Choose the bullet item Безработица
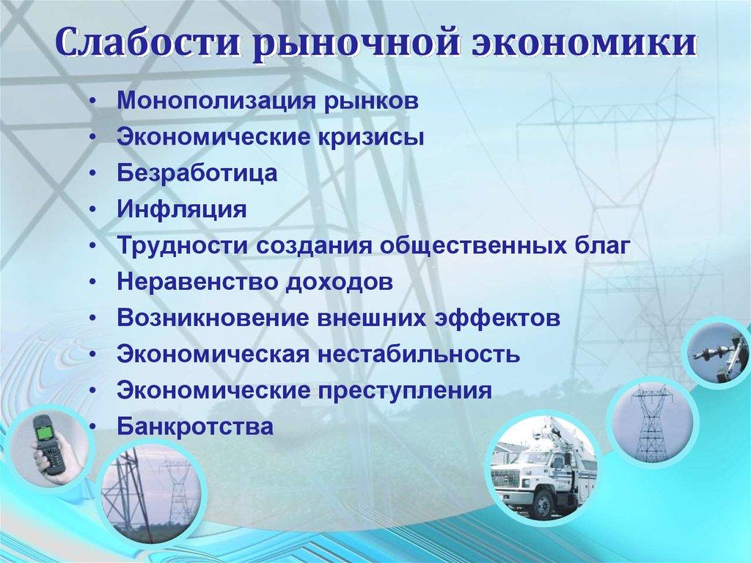pyautogui.click(x=197, y=174)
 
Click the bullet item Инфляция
pyautogui.click(x=181, y=210)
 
